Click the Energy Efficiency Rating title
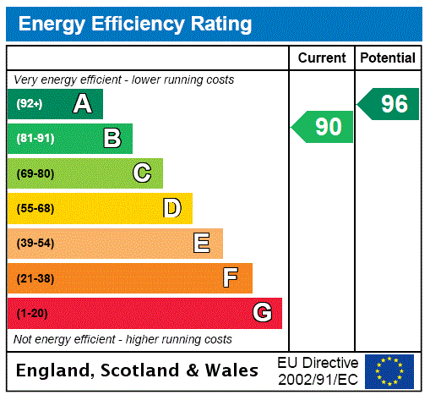point(134,24)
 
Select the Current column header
point(322,58)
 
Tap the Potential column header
point(388,58)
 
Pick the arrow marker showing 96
point(389,104)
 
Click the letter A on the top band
point(82,104)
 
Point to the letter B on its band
point(112,139)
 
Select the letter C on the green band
point(142,173)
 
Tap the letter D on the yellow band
point(171,208)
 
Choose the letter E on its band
point(201,244)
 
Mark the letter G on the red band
point(262,313)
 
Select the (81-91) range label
point(35,139)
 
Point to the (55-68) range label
point(35,208)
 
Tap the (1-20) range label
point(32,313)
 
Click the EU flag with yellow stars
point(389,370)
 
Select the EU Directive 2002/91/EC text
point(318,370)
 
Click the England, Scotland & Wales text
point(137,370)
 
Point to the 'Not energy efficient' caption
point(122,339)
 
